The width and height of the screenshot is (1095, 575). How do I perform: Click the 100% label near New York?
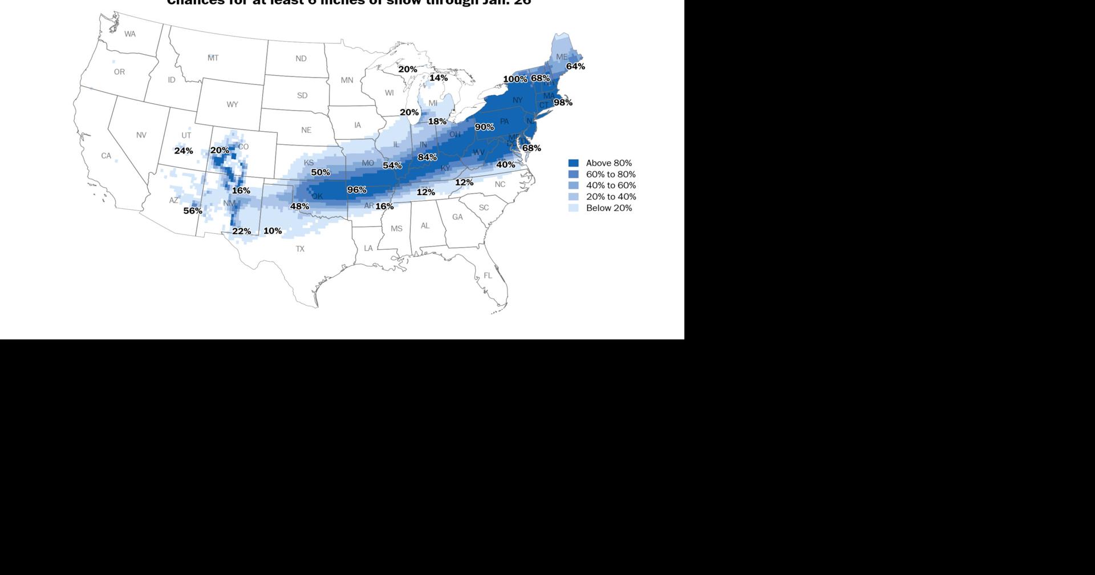tap(515, 79)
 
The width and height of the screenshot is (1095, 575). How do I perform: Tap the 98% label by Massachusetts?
tap(563, 103)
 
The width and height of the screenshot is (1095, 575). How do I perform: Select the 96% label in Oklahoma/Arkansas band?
tap(357, 190)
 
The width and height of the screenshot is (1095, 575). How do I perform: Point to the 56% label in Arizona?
tap(193, 211)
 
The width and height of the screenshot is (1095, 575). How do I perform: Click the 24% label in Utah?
tap(184, 151)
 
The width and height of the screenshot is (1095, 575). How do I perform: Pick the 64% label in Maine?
tap(575, 67)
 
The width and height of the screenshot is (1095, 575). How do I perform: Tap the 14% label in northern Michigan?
tap(439, 78)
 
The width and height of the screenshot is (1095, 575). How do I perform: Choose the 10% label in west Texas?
tap(273, 231)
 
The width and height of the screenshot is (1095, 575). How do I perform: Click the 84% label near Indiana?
tap(427, 157)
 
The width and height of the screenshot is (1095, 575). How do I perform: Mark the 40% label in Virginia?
tap(506, 165)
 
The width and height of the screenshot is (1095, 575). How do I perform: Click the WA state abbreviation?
tap(130, 34)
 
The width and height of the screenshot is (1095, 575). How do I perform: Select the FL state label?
tap(488, 276)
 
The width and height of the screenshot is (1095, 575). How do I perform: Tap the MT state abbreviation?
tap(213, 58)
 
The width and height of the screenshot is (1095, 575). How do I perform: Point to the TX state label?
tap(300, 249)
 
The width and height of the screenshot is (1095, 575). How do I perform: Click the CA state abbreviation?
tap(106, 156)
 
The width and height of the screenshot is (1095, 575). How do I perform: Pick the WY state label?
tap(232, 105)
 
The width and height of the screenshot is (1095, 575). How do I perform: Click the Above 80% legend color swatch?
tap(574, 163)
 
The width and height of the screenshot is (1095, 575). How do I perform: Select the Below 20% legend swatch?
tap(574, 208)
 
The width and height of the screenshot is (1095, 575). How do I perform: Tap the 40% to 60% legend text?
tap(611, 185)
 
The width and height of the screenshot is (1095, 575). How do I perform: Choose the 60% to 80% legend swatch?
tap(574, 175)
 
